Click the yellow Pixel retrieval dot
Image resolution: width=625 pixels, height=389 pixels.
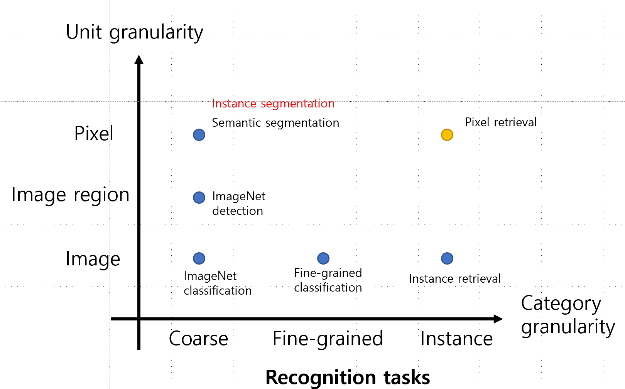(x=447, y=135)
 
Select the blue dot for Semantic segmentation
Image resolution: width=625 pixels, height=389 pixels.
(x=199, y=135)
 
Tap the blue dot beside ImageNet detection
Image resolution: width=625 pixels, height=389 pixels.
(x=199, y=198)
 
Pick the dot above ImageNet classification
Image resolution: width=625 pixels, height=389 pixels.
(x=199, y=258)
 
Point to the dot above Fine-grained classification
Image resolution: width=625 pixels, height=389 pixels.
(x=323, y=258)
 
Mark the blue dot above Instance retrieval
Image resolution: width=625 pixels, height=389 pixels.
(x=447, y=258)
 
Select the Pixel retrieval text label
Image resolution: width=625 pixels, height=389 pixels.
(x=501, y=122)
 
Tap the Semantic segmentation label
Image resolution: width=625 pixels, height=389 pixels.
(x=275, y=123)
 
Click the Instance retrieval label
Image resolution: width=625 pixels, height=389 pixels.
(x=455, y=279)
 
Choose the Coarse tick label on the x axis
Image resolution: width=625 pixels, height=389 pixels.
(x=198, y=338)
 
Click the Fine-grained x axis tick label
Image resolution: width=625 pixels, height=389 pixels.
(x=328, y=339)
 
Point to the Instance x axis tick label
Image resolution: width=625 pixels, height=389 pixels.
(x=456, y=338)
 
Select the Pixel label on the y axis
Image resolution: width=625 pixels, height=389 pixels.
(x=94, y=133)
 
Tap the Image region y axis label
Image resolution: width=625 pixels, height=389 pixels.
(x=70, y=195)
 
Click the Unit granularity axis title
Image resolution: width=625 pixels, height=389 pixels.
(x=135, y=33)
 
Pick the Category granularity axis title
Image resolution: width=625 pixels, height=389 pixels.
(x=568, y=315)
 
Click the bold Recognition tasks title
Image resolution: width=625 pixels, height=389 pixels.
(x=347, y=377)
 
